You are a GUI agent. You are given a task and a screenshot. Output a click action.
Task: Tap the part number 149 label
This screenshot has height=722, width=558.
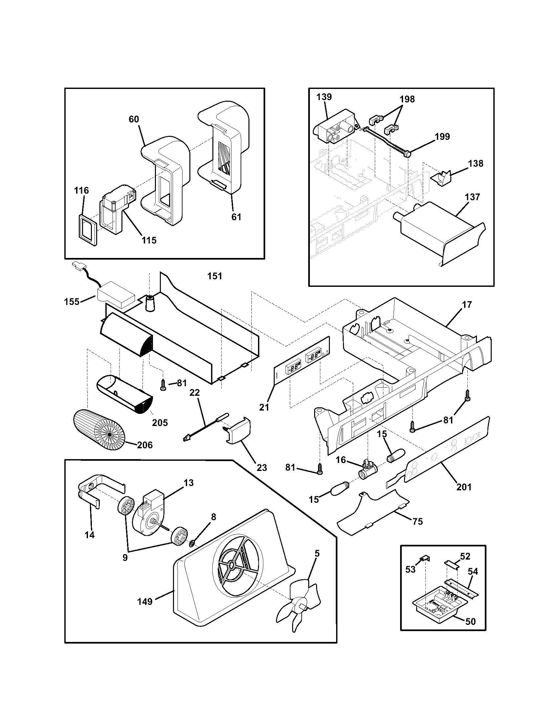(145, 601)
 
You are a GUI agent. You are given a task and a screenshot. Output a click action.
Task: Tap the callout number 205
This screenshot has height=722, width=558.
(160, 422)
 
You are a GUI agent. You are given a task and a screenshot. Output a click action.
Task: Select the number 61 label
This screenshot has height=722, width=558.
(236, 217)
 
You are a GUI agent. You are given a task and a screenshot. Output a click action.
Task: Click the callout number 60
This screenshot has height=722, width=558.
(134, 119)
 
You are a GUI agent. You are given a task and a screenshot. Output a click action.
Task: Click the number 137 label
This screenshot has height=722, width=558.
(472, 197)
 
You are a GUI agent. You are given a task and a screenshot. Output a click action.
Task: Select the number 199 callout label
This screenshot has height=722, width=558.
(442, 136)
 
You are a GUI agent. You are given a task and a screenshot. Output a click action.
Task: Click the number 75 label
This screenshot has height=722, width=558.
(418, 521)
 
